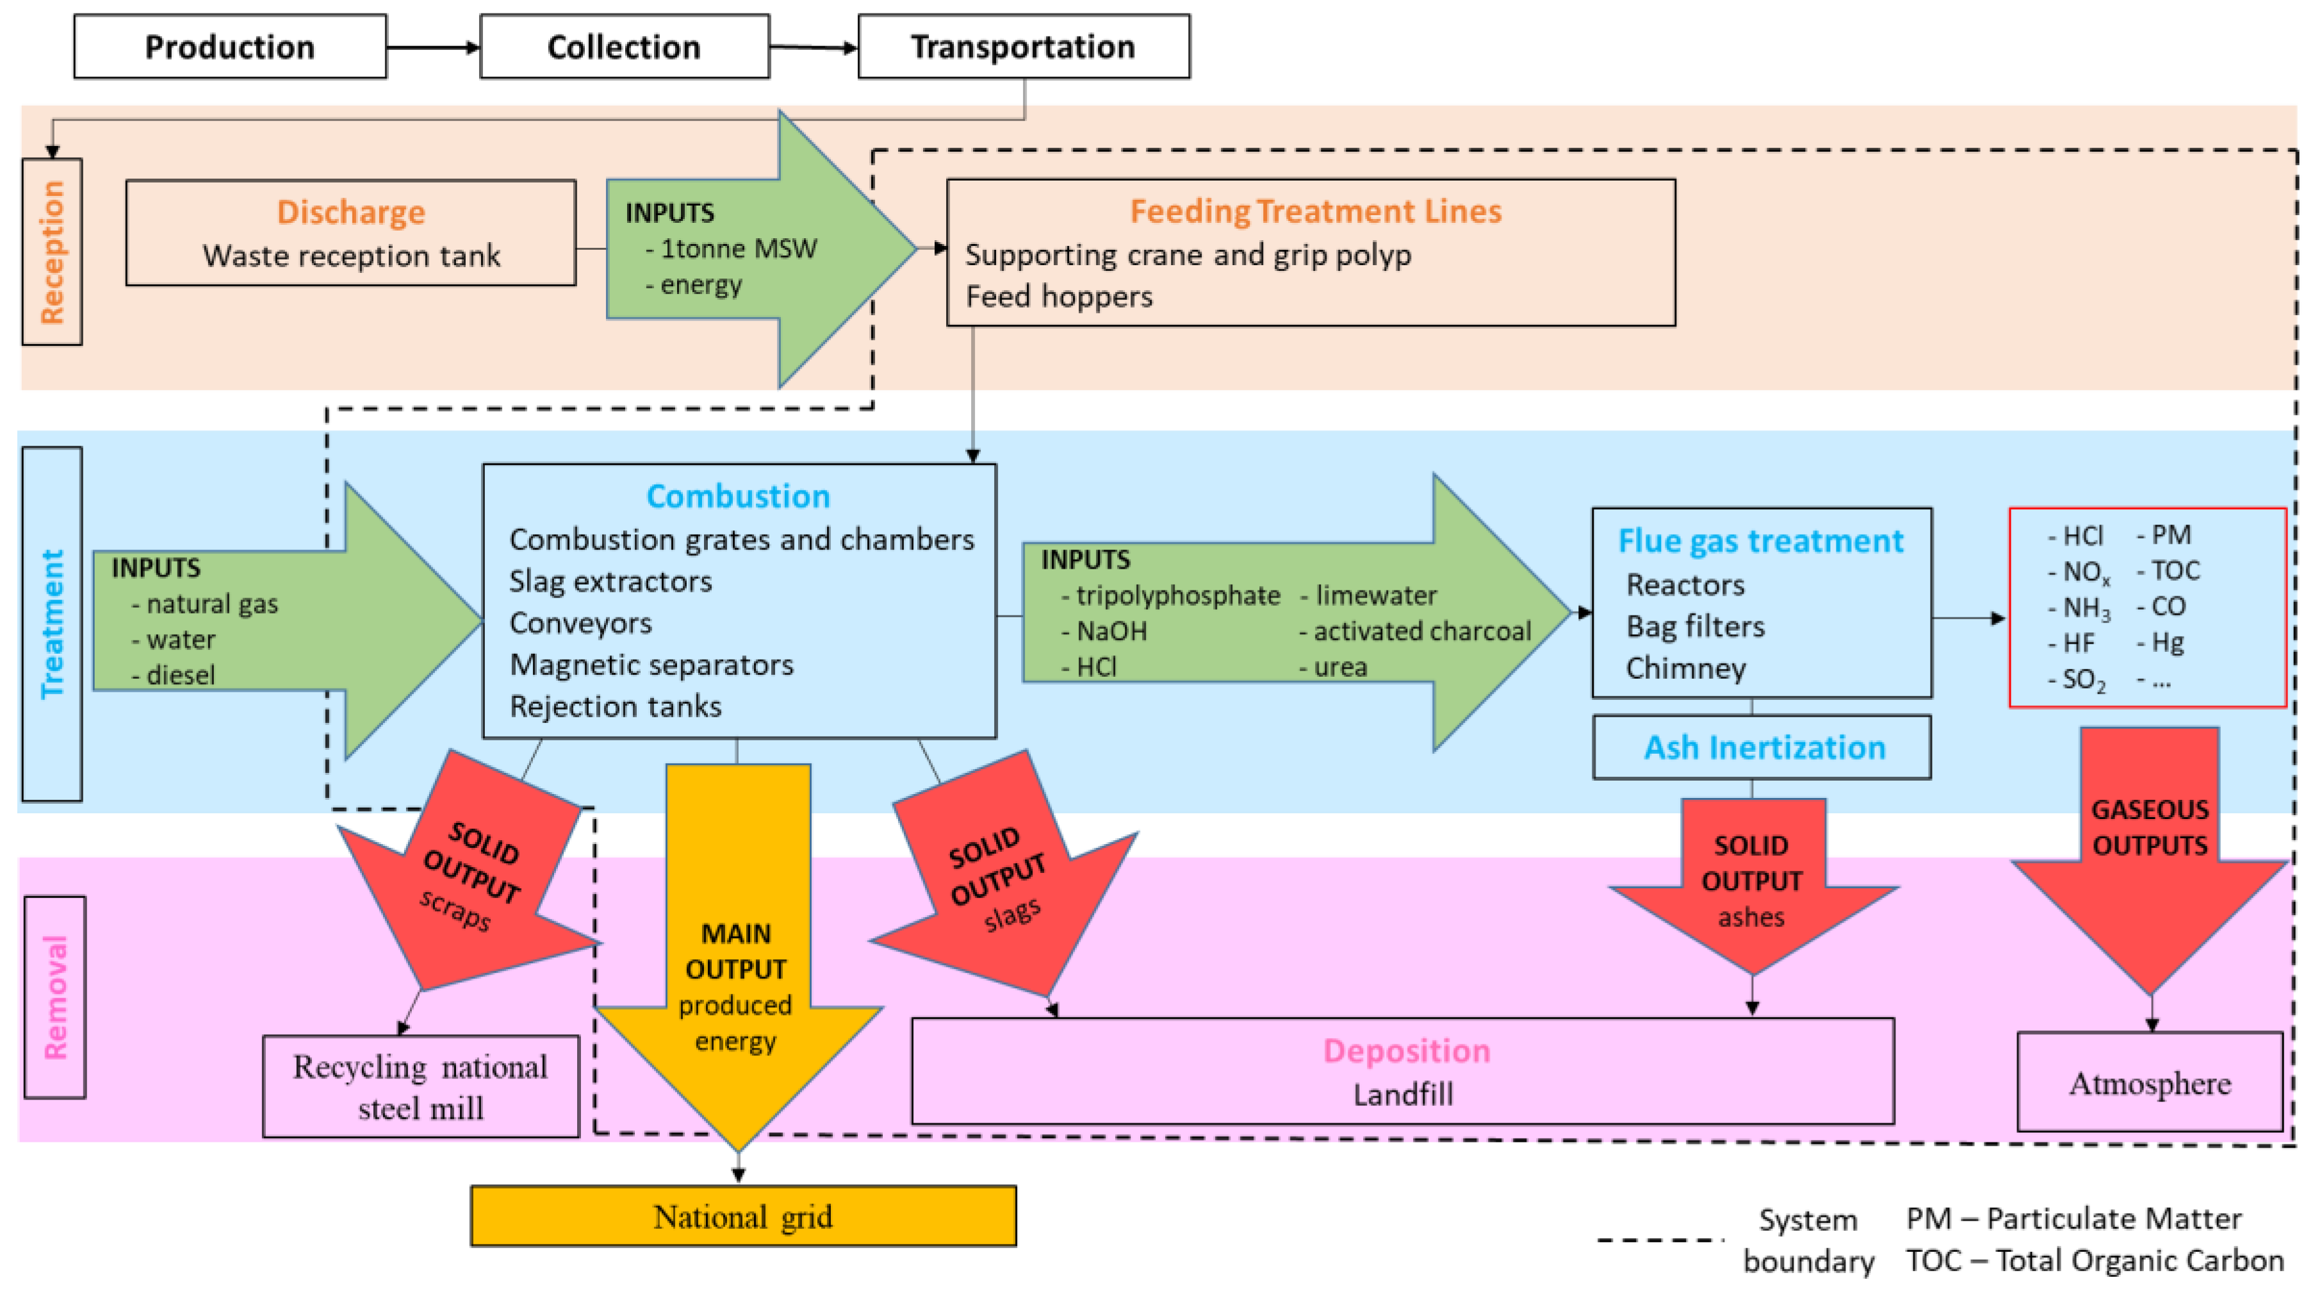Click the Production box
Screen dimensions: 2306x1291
coord(230,47)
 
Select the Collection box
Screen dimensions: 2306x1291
coord(624,47)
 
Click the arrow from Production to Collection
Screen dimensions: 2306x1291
coord(433,47)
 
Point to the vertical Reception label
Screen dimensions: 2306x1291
coord(52,252)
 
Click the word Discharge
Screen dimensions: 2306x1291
coord(351,212)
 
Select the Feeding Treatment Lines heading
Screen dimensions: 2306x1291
coord(1315,211)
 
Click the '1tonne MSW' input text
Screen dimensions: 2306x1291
coord(738,248)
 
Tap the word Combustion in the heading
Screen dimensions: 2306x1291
coord(739,496)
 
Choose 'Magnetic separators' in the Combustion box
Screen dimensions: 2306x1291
coord(651,665)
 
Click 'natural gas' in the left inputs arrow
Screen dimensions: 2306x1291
coord(212,605)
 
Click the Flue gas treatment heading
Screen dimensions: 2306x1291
coord(1761,541)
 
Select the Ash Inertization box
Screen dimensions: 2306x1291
coord(1762,747)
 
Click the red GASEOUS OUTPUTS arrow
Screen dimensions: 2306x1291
coord(2149,859)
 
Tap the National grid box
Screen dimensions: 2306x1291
coord(743,1216)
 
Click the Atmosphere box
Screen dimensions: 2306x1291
coord(2149,1082)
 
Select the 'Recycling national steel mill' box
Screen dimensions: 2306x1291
coord(421,1087)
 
